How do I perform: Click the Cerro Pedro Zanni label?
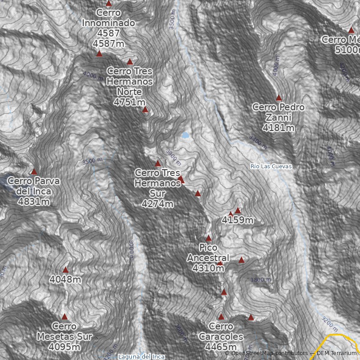click(279, 112)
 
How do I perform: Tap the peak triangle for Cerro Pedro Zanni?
click(279, 97)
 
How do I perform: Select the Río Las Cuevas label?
click(271, 166)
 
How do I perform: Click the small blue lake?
click(185, 135)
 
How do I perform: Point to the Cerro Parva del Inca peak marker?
click(34, 171)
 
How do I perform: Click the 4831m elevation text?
click(34, 202)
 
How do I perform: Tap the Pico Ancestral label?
click(208, 252)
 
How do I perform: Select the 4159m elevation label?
click(238, 220)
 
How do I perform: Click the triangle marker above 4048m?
click(65, 270)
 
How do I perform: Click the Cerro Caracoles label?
click(221, 331)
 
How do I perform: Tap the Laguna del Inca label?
click(141, 357)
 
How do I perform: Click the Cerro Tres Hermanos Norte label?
click(130, 81)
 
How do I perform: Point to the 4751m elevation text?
click(130, 102)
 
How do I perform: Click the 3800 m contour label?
click(261, 280)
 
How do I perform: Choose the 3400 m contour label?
click(258, 142)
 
